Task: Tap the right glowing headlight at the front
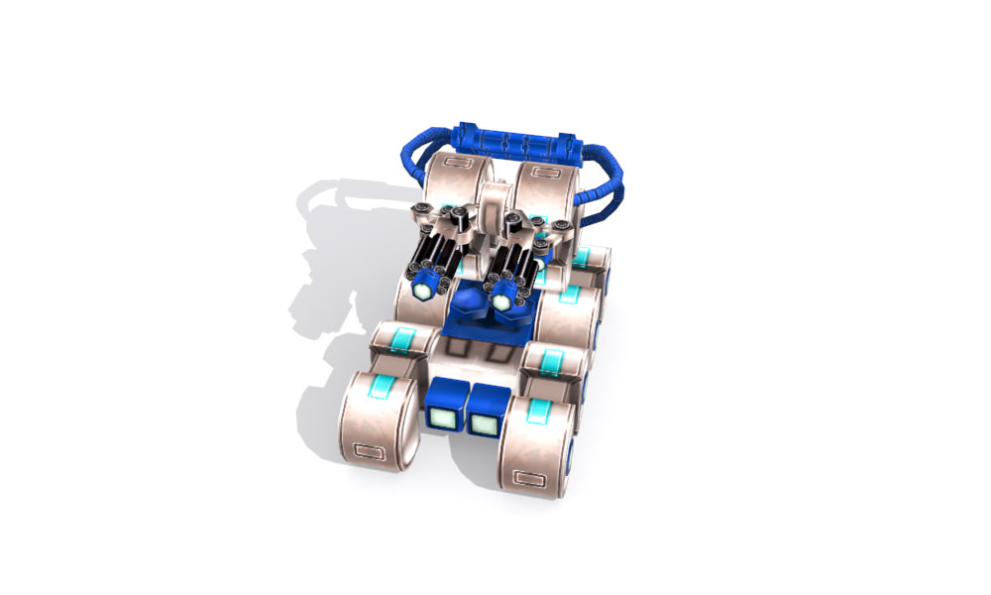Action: coord(484,424)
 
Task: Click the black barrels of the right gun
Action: coord(517,260)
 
